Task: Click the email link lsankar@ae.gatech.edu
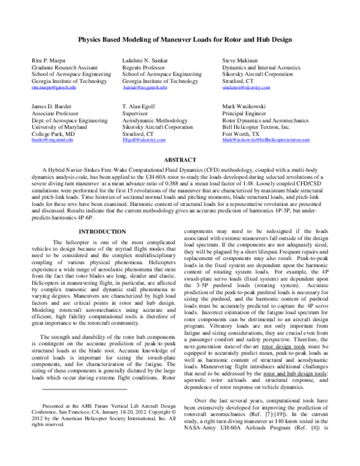(145, 87)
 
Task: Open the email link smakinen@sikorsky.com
(246, 87)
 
